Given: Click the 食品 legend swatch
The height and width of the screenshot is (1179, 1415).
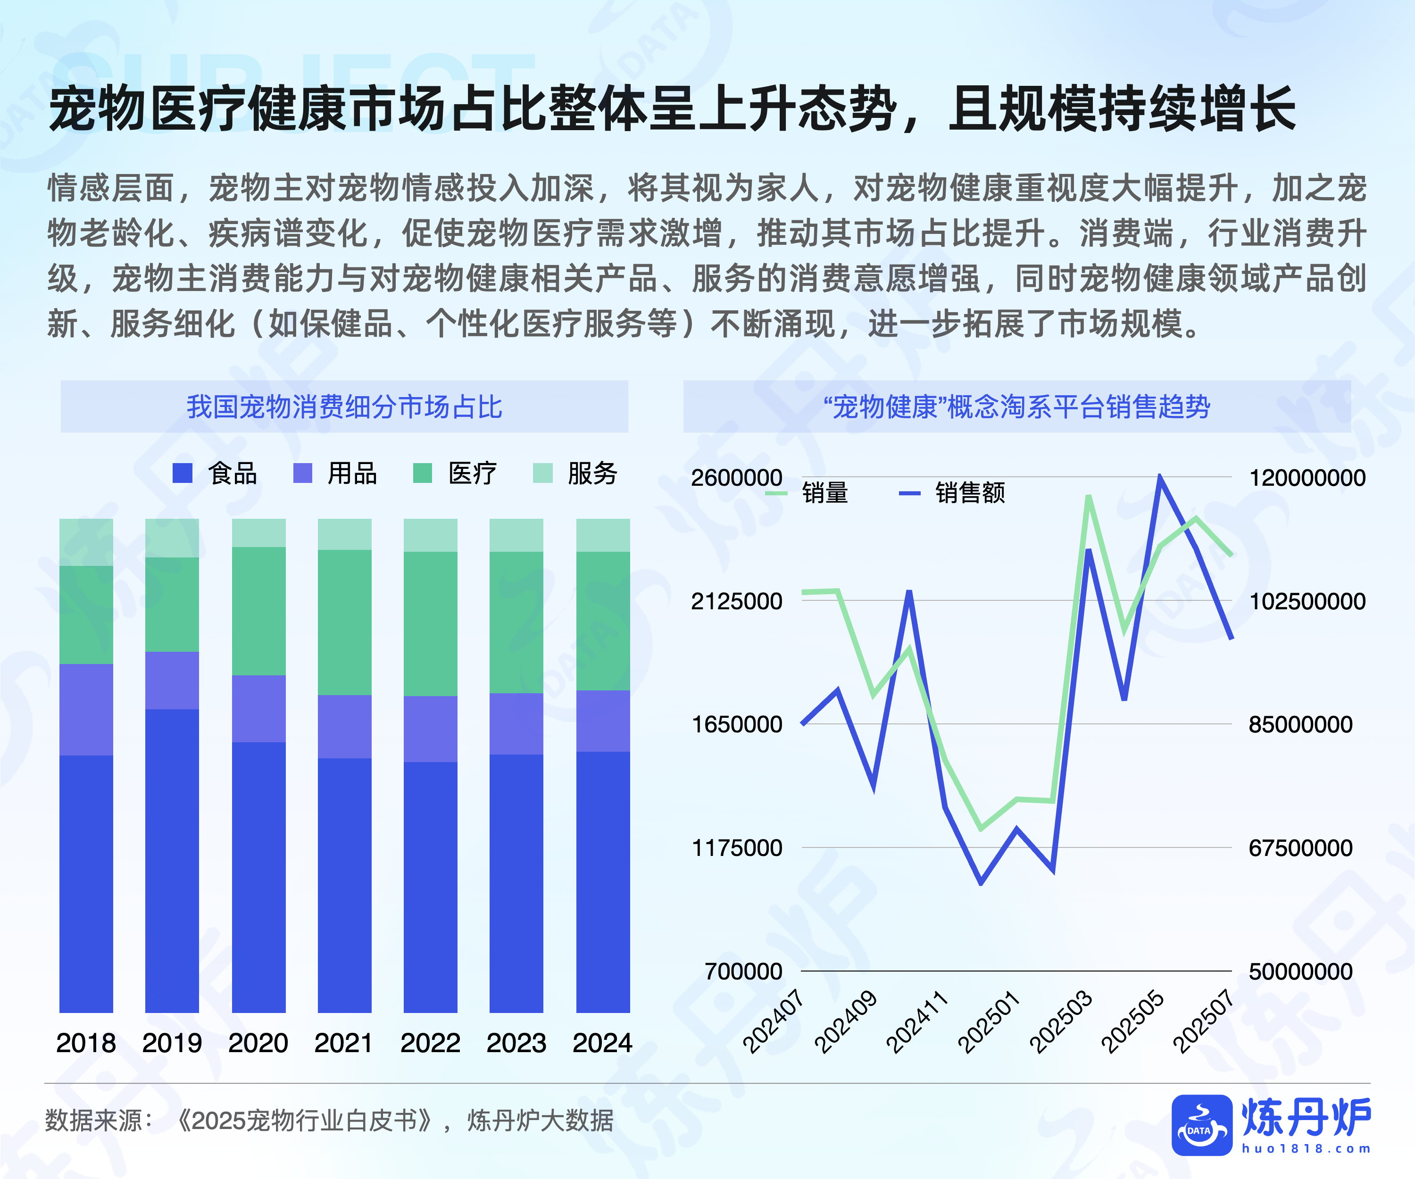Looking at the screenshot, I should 183,473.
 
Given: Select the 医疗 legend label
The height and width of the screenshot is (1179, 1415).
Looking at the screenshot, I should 472,473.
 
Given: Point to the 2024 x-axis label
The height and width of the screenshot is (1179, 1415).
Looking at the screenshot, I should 602,1043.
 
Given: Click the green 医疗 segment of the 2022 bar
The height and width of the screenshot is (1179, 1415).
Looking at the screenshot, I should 430,623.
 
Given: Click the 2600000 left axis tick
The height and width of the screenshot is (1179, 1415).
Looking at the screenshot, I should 736,478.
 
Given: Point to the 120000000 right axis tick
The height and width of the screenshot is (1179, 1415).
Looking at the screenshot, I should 1307,478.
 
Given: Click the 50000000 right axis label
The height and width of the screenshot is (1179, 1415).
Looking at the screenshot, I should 1300,971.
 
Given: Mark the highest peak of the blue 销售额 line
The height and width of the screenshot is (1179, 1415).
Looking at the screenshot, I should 1160,477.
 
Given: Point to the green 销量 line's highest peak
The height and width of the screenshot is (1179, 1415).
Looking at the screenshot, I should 1088,497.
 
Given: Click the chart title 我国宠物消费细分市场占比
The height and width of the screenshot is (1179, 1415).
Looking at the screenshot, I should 344,407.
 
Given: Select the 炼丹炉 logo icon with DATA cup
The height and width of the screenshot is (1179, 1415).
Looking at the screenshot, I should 1201,1125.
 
